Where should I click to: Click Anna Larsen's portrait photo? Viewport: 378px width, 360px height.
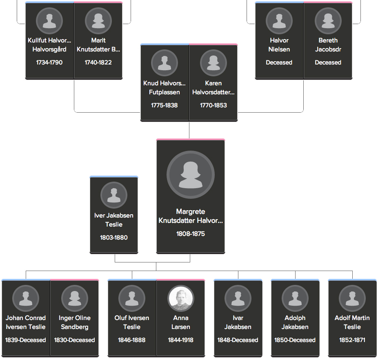pos(181,298)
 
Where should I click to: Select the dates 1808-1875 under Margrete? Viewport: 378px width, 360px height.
pos(191,233)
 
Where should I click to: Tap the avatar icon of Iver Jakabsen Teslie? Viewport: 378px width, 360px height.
pos(114,195)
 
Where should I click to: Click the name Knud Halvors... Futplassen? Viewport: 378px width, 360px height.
pos(165,87)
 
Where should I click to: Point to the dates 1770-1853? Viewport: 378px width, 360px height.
pos(213,105)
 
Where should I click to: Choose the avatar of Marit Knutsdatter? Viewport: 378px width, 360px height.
pos(98,21)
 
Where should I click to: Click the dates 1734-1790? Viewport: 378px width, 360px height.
pos(49,62)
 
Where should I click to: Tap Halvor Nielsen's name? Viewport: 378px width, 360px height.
pos(279,44)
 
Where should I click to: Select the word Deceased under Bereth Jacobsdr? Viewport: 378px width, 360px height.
pos(328,62)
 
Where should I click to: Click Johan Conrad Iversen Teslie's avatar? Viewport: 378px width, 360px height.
pos(26,298)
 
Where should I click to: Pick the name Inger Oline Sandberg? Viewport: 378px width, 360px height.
pos(74,322)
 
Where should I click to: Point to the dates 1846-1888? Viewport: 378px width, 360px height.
pos(131,340)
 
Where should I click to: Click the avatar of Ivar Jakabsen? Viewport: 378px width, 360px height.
pos(238,298)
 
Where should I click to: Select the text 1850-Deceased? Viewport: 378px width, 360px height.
pos(295,340)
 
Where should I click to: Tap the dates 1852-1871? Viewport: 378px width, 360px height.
pos(352,340)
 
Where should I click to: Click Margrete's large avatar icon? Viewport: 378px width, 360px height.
pos(191,175)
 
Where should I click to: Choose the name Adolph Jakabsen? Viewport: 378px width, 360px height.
pos(295,322)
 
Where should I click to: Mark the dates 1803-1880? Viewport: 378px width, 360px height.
pos(114,238)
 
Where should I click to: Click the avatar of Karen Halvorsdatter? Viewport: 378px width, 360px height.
pos(213,63)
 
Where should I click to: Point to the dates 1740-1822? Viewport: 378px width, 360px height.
pos(98,62)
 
